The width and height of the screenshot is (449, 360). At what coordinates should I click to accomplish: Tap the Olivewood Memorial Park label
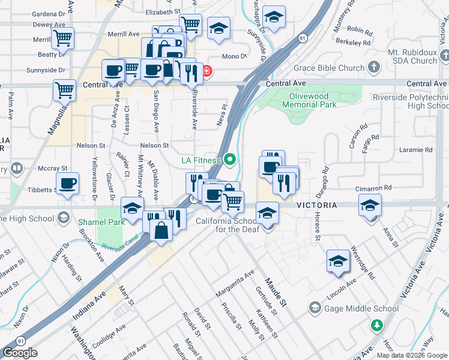[309, 101]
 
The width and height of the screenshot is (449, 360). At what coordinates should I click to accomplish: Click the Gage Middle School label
[361, 308]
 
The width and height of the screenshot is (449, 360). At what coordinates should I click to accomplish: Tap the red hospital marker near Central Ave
[206, 71]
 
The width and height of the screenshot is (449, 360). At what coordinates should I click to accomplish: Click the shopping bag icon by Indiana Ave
[162, 230]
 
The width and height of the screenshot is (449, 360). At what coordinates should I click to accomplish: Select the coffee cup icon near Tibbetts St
[67, 182]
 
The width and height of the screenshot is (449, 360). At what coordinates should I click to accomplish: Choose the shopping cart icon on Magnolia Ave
[64, 90]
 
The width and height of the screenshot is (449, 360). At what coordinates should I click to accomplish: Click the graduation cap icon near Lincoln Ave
[338, 261]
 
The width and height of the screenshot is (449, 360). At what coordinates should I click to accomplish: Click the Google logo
[20, 353]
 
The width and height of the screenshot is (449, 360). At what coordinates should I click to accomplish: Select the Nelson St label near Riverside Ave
[155, 145]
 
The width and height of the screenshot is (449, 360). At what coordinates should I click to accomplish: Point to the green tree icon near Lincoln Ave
[376, 326]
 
